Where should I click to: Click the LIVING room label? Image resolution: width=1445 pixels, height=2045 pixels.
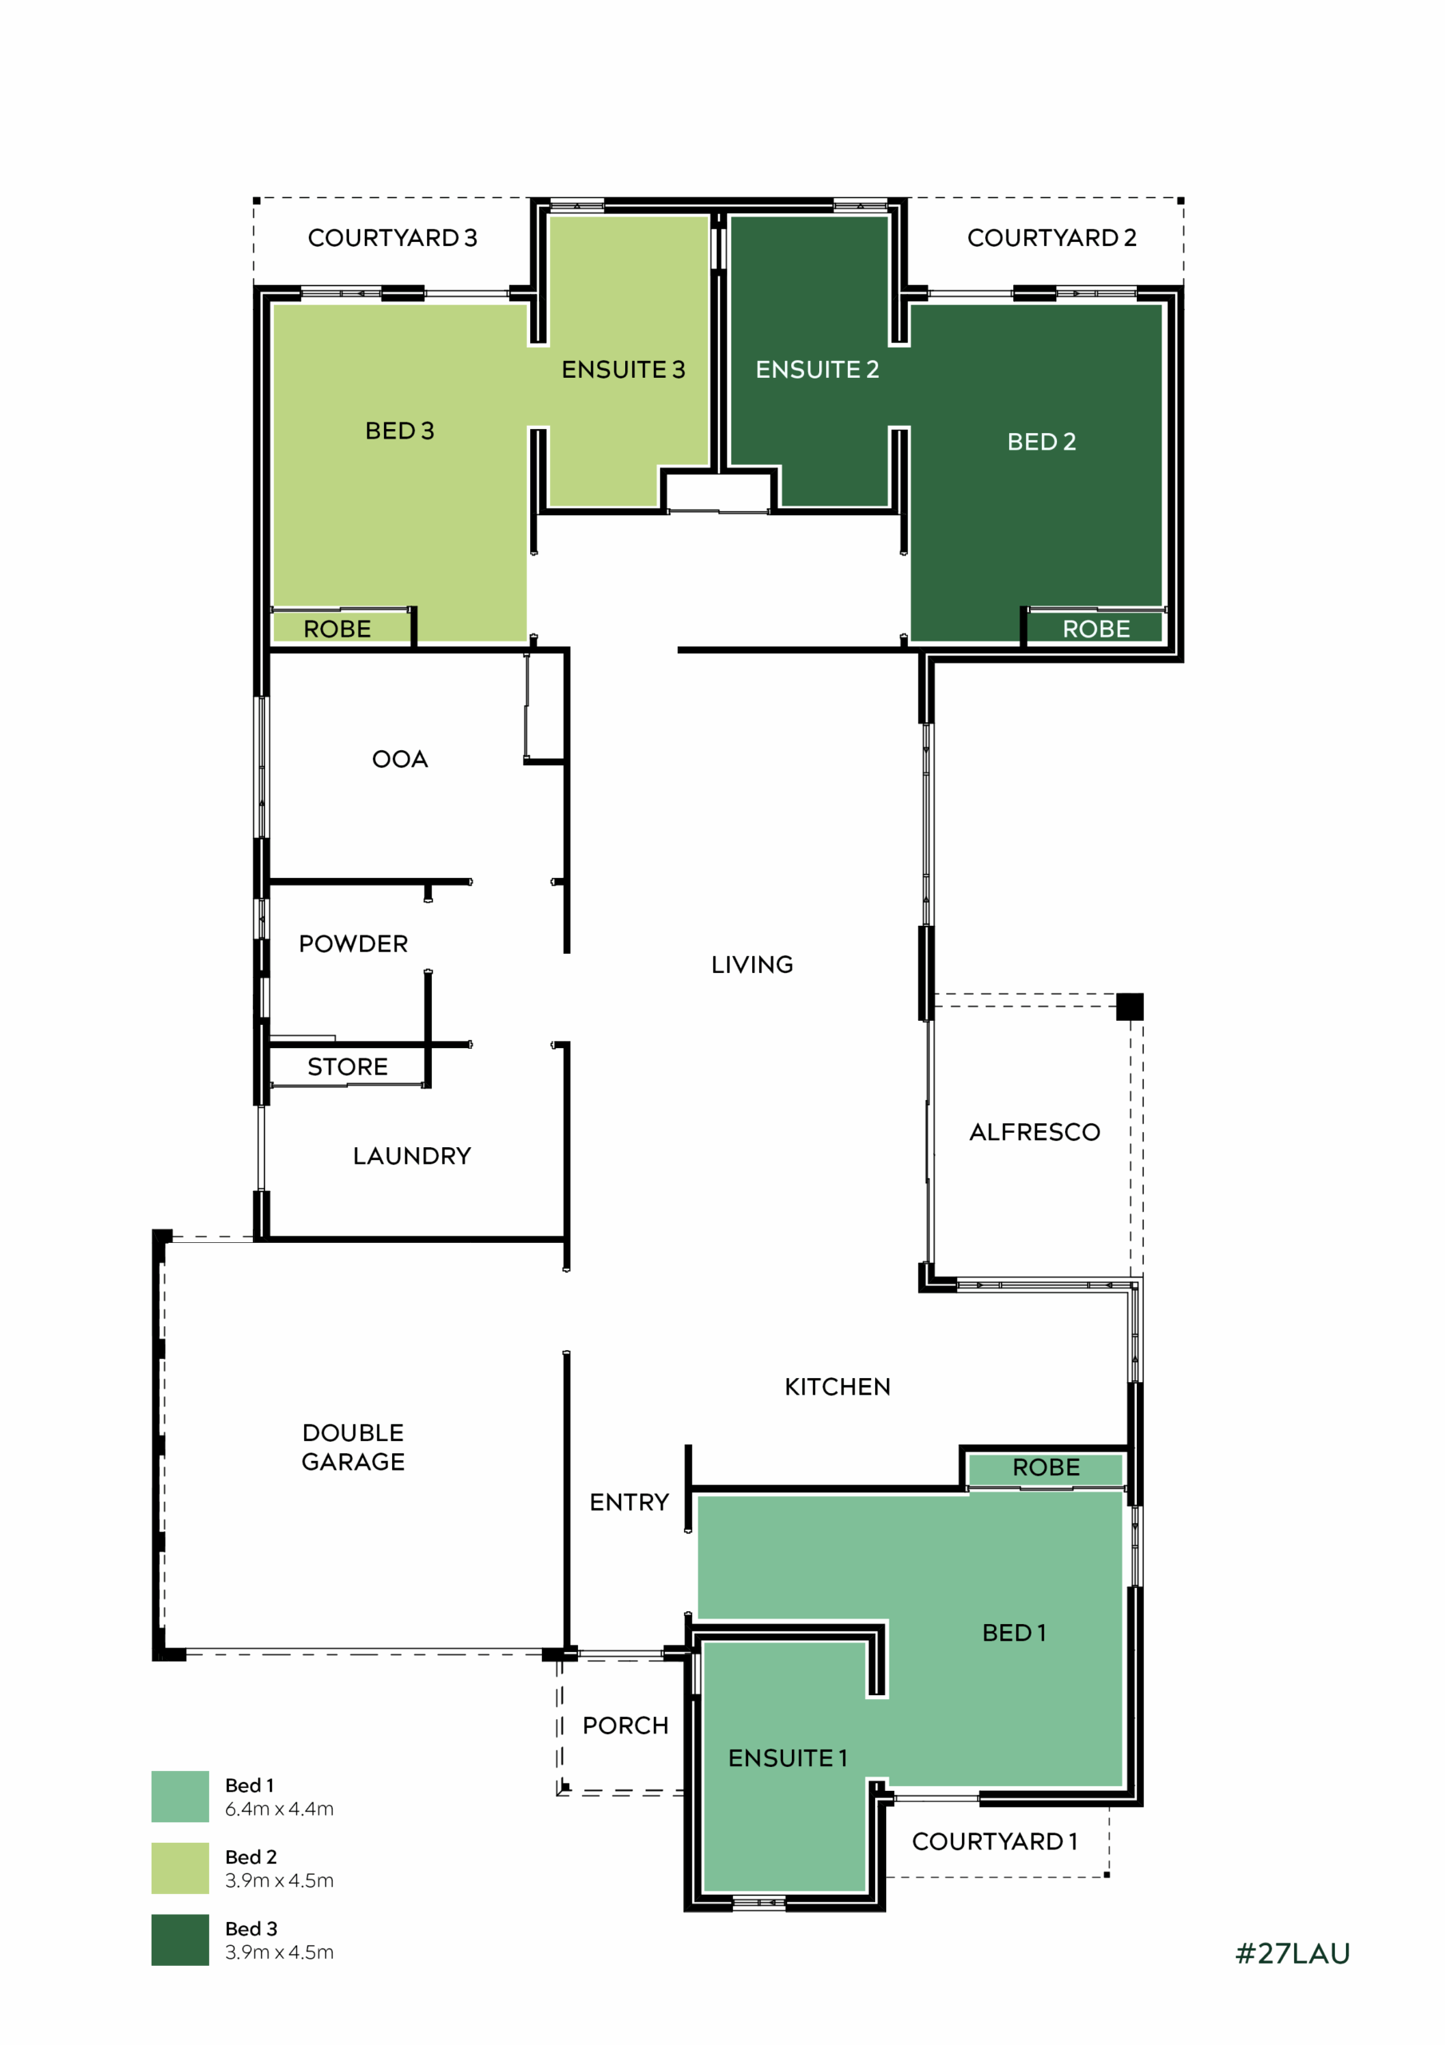[751, 965]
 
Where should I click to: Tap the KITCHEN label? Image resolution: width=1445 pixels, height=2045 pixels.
[837, 1387]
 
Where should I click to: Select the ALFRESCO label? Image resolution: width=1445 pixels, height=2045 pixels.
[1035, 1132]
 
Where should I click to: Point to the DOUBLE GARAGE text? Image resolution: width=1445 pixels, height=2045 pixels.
[354, 1447]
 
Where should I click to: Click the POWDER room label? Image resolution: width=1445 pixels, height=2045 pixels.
[354, 944]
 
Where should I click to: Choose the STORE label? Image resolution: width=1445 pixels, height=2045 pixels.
[347, 1067]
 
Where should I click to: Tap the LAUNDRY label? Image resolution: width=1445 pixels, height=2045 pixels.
[412, 1156]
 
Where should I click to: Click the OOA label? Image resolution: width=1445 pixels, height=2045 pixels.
[400, 759]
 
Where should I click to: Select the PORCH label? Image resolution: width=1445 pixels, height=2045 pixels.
[625, 1726]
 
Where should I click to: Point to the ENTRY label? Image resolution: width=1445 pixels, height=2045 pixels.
[628, 1503]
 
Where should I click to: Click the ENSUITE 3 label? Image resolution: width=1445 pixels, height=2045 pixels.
[624, 370]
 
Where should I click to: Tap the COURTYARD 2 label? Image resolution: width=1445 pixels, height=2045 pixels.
[1051, 238]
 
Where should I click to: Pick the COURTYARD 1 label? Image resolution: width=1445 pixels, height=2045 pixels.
[995, 1841]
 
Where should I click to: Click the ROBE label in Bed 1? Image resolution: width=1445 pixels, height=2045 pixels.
[1046, 1467]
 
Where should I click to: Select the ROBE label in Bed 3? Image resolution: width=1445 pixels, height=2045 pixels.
[337, 629]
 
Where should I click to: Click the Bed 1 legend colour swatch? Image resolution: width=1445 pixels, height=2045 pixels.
[180, 1797]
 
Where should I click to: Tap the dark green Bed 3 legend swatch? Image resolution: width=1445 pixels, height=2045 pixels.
[180, 1940]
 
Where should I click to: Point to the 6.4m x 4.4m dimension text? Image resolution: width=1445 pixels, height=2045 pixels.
[279, 1809]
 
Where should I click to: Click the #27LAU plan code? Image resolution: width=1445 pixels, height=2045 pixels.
[1293, 1953]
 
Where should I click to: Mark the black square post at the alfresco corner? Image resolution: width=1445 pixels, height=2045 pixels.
[1130, 1007]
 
